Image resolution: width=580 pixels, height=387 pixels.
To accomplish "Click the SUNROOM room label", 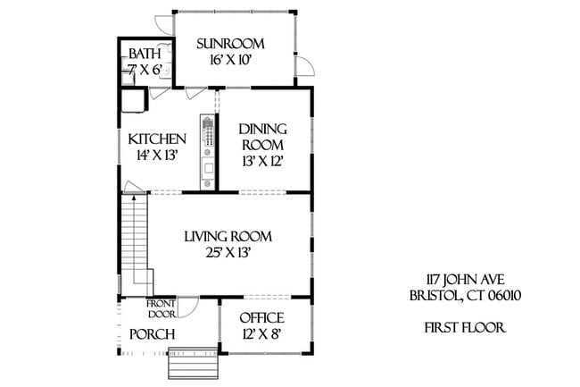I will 232,44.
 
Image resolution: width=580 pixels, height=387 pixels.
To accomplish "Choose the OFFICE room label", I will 261,318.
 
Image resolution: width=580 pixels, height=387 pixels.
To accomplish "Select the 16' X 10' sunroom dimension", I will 231,60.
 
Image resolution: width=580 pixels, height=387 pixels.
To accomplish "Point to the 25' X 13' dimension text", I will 228,253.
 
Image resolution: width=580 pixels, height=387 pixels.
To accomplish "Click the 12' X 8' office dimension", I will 261,334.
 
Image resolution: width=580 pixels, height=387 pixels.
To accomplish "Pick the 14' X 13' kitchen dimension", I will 157,155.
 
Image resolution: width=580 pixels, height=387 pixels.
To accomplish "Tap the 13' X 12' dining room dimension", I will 261,162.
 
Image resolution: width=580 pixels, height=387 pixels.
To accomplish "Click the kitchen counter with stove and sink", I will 208,152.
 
